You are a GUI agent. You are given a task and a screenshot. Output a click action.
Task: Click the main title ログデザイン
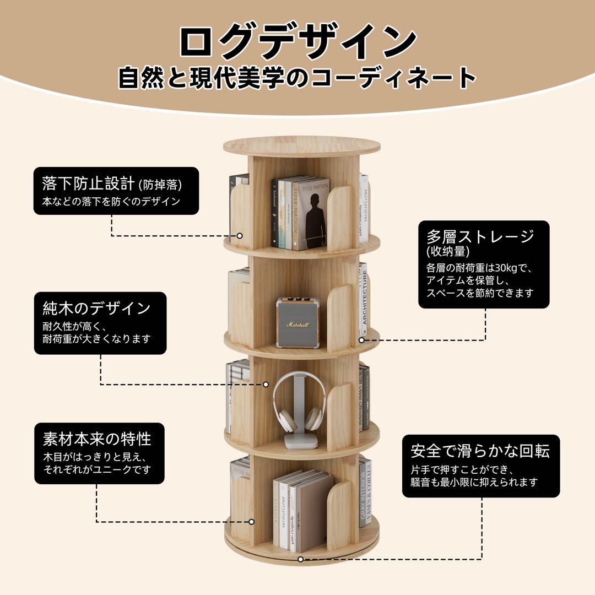[297, 41]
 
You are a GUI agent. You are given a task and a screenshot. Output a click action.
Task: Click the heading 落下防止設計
[88, 182]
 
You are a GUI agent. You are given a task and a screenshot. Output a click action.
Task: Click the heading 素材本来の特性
[96, 439]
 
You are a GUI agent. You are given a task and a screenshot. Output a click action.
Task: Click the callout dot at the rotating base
[301, 559]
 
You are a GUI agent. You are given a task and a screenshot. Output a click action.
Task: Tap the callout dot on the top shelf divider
[240, 235]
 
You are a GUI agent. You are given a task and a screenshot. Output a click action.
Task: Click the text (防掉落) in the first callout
[160, 184]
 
